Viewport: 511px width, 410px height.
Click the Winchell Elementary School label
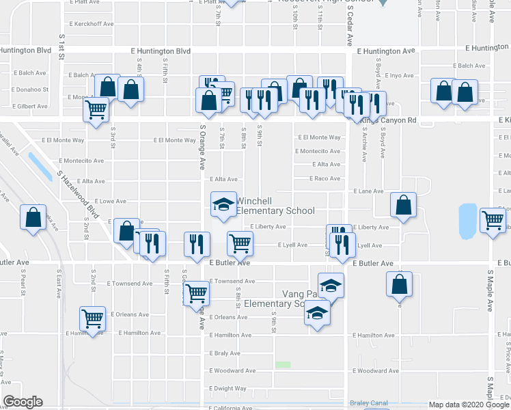tap(275, 206)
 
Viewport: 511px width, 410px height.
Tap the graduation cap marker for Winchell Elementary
tap(223, 206)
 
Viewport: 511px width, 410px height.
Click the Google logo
tap(23, 402)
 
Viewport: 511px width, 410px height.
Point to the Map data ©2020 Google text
tap(468, 405)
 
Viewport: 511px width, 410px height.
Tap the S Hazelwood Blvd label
tap(78, 197)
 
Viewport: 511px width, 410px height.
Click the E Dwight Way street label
tap(228, 388)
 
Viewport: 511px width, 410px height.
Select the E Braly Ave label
tap(225, 353)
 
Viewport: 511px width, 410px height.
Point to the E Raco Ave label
tap(325, 178)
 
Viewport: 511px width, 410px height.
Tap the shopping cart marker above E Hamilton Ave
tap(92, 318)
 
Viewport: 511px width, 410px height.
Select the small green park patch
tap(282, 365)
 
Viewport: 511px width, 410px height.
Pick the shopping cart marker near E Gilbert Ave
tap(96, 109)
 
